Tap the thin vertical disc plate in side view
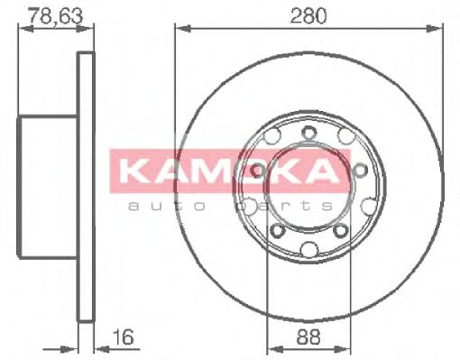[x=87, y=185]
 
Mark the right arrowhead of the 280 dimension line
[x=439, y=29]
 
